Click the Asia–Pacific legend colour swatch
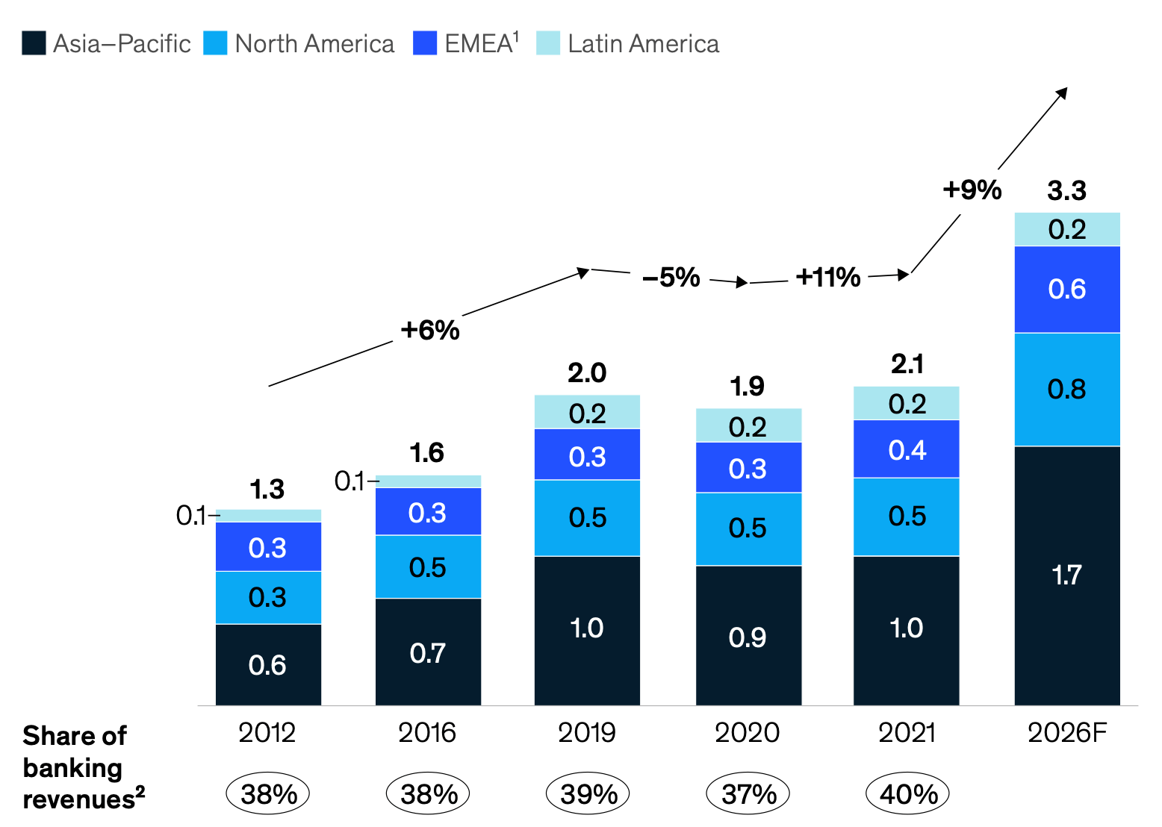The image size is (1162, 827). pyautogui.click(x=34, y=43)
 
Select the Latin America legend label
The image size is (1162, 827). pyautogui.click(x=643, y=43)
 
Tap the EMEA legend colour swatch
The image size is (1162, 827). pyautogui.click(x=425, y=43)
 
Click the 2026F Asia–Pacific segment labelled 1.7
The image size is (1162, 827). pyautogui.click(x=1067, y=575)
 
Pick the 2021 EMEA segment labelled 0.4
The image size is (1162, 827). pyautogui.click(x=907, y=449)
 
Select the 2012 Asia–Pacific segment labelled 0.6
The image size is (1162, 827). pyautogui.click(x=268, y=665)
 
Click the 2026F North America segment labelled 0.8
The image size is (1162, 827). pyautogui.click(x=1067, y=390)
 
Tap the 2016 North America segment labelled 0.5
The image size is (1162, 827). pyautogui.click(x=428, y=567)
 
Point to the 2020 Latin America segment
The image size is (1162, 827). pyautogui.click(x=748, y=425)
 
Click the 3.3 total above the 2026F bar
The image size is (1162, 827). pyautogui.click(x=1066, y=190)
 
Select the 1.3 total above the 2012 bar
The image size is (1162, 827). pyautogui.click(x=267, y=489)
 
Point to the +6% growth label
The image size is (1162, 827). pyautogui.click(x=430, y=330)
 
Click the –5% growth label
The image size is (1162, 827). pyautogui.click(x=671, y=278)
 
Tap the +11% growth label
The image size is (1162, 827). pyautogui.click(x=828, y=278)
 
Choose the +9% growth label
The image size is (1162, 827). pyautogui.click(x=972, y=190)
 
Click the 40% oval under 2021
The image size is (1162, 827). pyautogui.click(x=907, y=793)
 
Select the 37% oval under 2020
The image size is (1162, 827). pyautogui.click(x=748, y=793)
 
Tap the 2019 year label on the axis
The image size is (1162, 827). pyautogui.click(x=587, y=733)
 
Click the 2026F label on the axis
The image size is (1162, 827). pyautogui.click(x=1067, y=733)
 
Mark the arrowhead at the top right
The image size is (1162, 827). pyautogui.click(x=1062, y=93)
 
